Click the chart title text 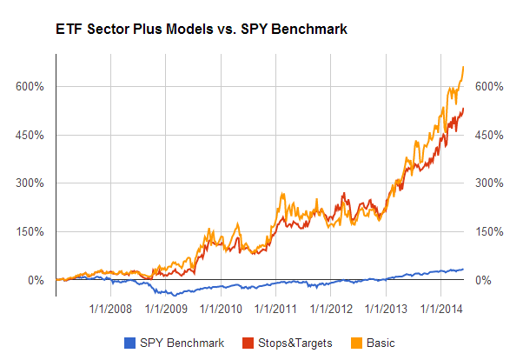pos(182,29)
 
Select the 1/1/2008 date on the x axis pos(110,308)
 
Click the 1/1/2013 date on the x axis pos(386,308)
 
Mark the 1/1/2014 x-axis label pos(440,308)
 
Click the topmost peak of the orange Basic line pos(463,67)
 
